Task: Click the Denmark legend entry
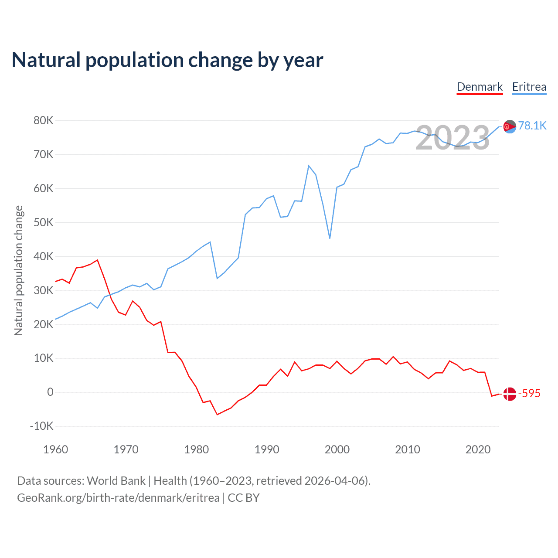pyautogui.click(x=480, y=87)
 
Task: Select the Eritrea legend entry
pyautogui.click(x=529, y=87)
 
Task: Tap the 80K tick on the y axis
pyautogui.click(x=43, y=120)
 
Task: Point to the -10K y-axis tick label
pyautogui.click(x=41, y=426)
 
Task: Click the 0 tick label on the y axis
pyautogui.click(x=50, y=392)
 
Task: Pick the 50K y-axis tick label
pyautogui.click(x=43, y=222)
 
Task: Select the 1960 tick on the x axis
pyautogui.click(x=56, y=449)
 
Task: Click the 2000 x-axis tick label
pyautogui.click(x=337, y=449)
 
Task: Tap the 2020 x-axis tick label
pyautogui.click(x=478, y=449)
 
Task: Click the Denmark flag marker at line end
pyautogui.click(x=510, y=394)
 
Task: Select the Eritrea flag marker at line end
pyautogui.click(x=510, y=126)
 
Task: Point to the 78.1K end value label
pyautogui.click(x=532, y=126)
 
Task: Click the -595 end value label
pyautogui.click(x=529, y=393)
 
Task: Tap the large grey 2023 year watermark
pyautogui.click(x=453, y=138)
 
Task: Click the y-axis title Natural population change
pyautogui.click(x=18, y=270)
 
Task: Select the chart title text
pyautogui.click(x=167, y=60)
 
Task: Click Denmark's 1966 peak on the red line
pyautogui.click(x=97, y=260)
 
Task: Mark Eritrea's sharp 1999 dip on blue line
pyautogui.click(x=330, y=238)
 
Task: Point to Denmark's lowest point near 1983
pyautogui.click(x=217, y=414)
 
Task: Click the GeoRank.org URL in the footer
pyautogui.click(x=118, y=497)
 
